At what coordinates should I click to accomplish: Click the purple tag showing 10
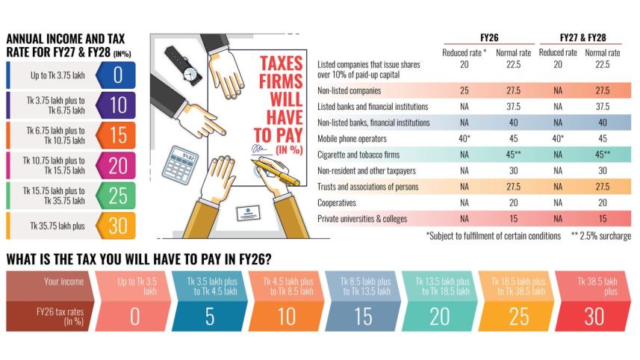[117, 106]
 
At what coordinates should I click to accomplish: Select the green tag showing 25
[117, 196]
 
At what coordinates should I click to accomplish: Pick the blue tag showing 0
[117, 75]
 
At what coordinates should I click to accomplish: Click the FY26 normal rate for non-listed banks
[512, 122]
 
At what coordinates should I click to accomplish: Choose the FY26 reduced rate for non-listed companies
[465, 90]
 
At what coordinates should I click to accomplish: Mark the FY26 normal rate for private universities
[512, 218]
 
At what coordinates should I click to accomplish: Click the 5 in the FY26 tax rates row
[211, 316]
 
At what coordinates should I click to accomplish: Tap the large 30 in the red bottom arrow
[594, 316]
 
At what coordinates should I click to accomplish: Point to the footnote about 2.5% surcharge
[601, 236]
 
